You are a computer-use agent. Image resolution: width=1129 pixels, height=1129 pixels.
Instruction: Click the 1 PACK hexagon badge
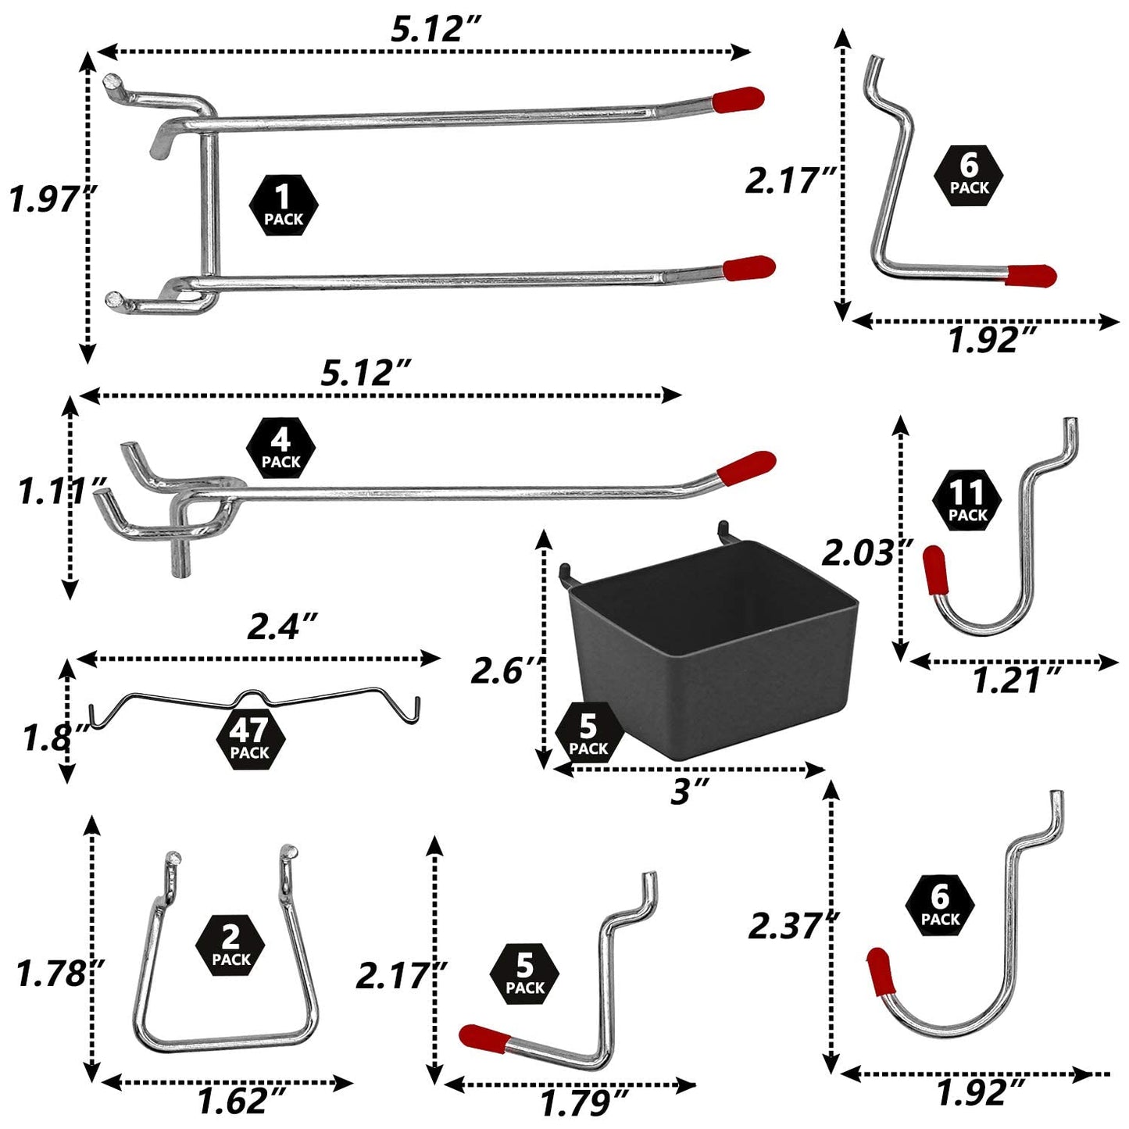[283, 205]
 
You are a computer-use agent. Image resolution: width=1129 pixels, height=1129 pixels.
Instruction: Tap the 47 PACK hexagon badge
[249, 739]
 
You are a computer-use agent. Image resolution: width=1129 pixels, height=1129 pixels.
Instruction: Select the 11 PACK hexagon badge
[967, 500]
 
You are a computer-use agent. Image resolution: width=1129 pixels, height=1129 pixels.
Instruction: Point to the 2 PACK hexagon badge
[230, 945]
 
